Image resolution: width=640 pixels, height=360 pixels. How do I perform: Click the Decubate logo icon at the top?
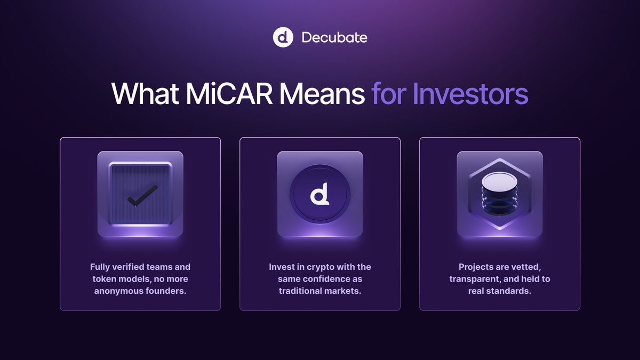pyautogui.click(x=283, y=37)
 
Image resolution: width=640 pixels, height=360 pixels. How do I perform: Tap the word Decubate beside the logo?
pyautogui.click(x=334, y=38)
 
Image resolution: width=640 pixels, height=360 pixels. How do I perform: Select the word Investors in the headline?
pyautogui.click(x=470, y=94)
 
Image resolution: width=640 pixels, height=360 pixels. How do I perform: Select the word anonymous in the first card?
pyautogui.click(x=118, y=291)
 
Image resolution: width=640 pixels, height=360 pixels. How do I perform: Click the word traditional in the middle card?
pyautogui.click(x=303, y=291)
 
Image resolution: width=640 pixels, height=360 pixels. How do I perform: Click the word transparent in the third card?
pyautogui.click(x=473, y=279)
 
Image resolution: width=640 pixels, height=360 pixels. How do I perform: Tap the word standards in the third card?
pyautogui.click(x=510, y=291)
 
